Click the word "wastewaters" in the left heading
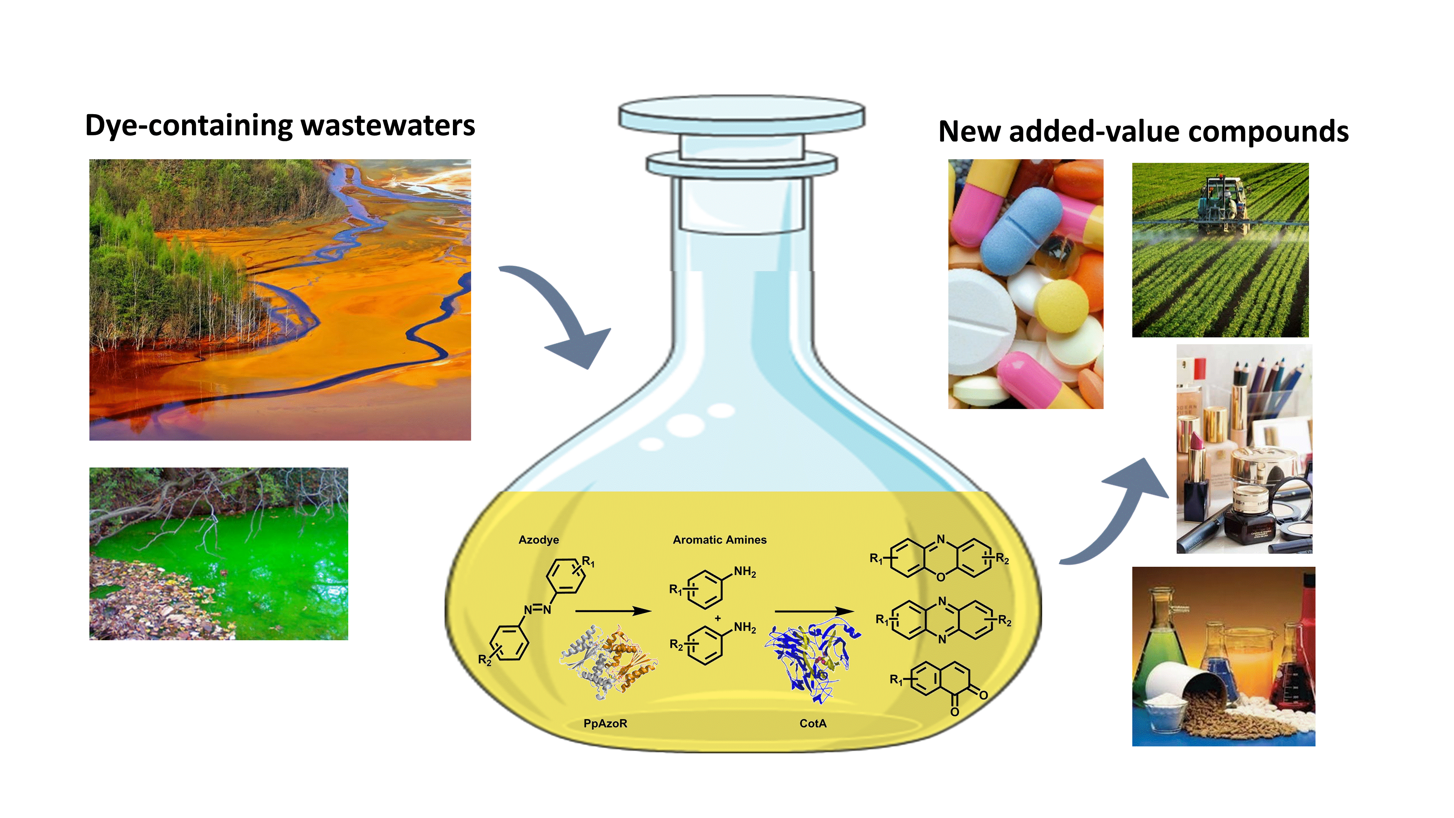click(388, 126)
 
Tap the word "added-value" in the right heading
click(1093, 132)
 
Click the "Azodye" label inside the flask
click(538, 540)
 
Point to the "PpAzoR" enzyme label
click(605, 723)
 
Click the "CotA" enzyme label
click(813, 723)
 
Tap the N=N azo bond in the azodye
click(537, 609)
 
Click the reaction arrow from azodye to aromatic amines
click(613, 611)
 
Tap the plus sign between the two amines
click(718, 618)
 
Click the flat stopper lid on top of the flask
click(742, 113)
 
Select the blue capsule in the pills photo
click(1022, 232)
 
